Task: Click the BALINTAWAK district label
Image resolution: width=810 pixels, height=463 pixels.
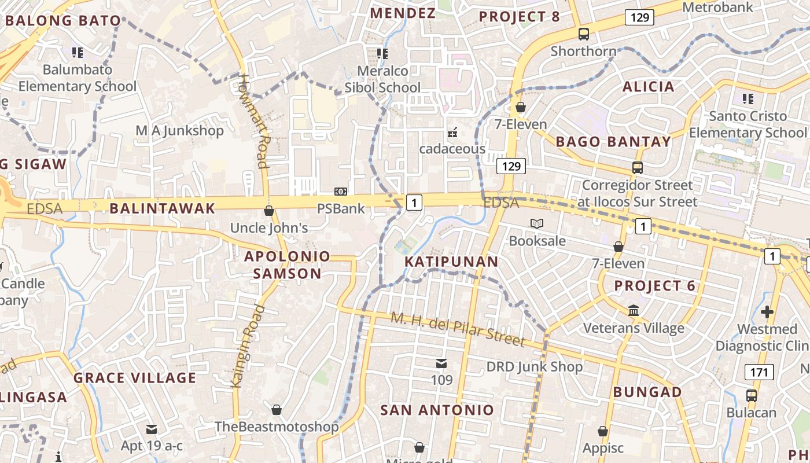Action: (162, 208)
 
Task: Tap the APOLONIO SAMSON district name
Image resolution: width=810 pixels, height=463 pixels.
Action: (287, 265)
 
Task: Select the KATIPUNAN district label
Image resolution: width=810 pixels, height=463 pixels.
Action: (451, 262)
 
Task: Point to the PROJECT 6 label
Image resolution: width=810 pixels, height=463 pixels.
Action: (654, 286)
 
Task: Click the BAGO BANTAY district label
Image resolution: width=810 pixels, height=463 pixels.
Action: (613, 142)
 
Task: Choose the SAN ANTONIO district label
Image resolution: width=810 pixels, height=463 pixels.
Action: (437, 410)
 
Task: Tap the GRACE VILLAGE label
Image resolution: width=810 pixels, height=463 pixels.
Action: (135, 379)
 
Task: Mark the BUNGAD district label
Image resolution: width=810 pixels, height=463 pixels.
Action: (647, 392)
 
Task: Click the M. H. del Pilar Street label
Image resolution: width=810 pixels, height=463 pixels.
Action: (458, 330)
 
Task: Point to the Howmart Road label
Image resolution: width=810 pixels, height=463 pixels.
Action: (255, 121)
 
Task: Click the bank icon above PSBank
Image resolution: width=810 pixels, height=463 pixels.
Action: (341, 192)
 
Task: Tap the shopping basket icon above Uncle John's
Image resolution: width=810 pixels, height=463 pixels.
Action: (268, 211)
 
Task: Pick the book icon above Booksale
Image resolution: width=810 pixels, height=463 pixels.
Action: (537, 223)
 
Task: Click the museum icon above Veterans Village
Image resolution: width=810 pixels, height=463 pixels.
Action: (634, 311)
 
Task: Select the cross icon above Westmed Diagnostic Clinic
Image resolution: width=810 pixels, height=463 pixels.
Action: (767, 312)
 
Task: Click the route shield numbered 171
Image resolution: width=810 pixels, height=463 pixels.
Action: (759, 372)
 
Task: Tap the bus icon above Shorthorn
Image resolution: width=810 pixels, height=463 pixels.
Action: (583, 34)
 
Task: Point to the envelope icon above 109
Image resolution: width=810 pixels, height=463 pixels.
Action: (441, 363)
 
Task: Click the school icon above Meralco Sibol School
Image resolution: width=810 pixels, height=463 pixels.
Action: (382, 54)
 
